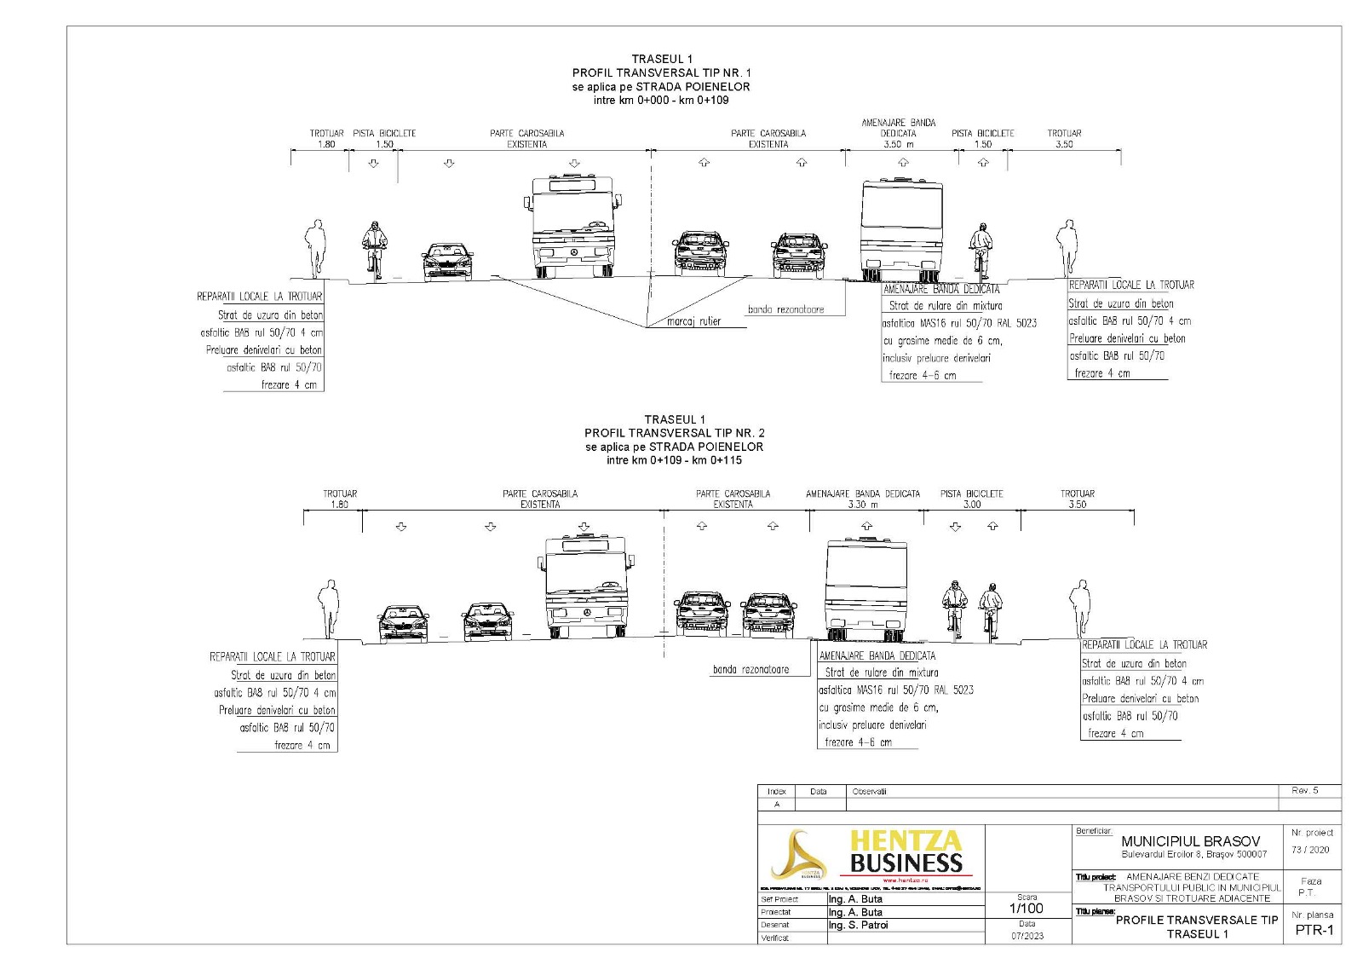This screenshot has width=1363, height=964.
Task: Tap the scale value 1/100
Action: [1027, 909]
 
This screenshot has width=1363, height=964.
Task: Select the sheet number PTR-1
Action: [1314, 930]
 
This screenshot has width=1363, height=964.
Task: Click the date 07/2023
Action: [1027, 936]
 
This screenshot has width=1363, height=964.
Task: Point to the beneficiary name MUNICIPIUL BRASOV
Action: [1190, 841]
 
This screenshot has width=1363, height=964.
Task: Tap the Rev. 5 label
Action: [1304, 791]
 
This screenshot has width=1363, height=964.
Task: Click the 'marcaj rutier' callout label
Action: [693, 321]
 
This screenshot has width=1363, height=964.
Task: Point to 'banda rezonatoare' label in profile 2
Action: [751, 670]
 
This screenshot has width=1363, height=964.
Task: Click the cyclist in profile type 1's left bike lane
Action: [373, 249]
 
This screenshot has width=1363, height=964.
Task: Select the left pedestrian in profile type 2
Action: [327, 609]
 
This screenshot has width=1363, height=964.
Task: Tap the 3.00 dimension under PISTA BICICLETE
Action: [971, 505]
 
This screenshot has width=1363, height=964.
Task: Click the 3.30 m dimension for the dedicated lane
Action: [862, 505]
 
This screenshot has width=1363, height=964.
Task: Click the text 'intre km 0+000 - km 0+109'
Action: [661, 101]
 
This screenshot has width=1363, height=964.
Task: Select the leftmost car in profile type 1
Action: [447, 262]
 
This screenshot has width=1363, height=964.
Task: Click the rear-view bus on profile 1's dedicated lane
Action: [901, 230]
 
